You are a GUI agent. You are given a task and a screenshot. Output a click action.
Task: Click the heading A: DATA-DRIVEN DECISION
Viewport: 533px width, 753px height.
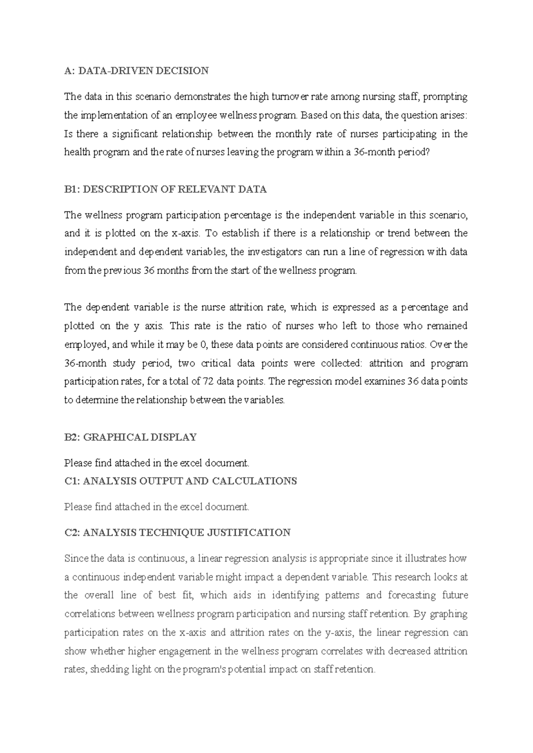tap(136, 71)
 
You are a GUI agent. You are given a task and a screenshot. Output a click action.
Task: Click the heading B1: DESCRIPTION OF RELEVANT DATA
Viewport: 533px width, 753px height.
tap(165, 190)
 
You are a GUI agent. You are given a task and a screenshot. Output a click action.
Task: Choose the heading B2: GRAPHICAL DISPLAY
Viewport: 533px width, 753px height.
tap(130, 437)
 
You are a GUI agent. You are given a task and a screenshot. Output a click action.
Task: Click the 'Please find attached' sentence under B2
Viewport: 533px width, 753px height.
tap(157, 463)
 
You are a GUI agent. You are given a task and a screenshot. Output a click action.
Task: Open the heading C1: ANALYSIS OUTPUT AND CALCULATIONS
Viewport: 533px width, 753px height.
tap(180, 481)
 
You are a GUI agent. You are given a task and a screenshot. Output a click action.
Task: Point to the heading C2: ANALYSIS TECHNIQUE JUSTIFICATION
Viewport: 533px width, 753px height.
tap(177, 533)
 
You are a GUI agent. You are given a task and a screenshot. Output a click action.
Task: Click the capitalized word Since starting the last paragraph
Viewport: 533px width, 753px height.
tap(76, 559)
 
